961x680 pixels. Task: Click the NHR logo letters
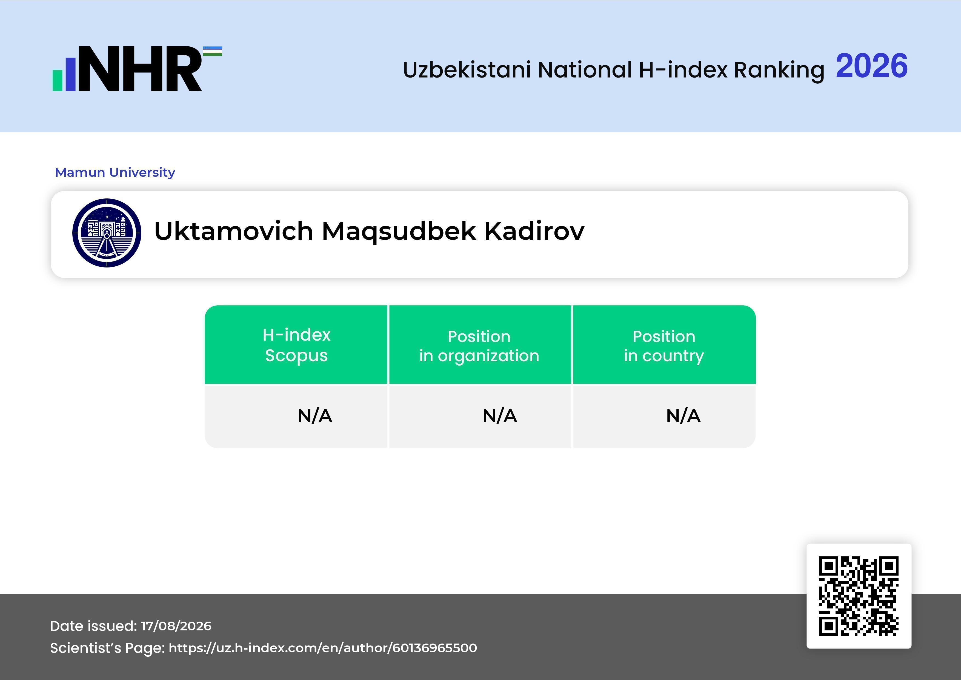click(140, 69)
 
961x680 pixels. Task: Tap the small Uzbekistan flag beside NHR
click(213, 51)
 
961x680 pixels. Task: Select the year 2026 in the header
click(871, 66)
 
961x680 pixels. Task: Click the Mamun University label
click(115, 172)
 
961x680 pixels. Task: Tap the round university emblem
click(107, 233)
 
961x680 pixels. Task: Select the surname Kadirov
click(534, 231)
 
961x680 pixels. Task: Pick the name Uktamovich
click(234, 231)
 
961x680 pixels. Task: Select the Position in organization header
click(479, 346)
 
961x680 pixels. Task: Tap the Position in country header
click(664, 346)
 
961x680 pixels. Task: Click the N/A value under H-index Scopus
click(315, 416)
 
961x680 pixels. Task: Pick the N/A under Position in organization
click(500, 416)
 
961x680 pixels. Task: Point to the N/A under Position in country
click(683, 416)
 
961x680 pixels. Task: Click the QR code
click(859, 596)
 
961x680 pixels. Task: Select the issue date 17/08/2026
click(176, 626)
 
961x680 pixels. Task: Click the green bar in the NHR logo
click(57, 80)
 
